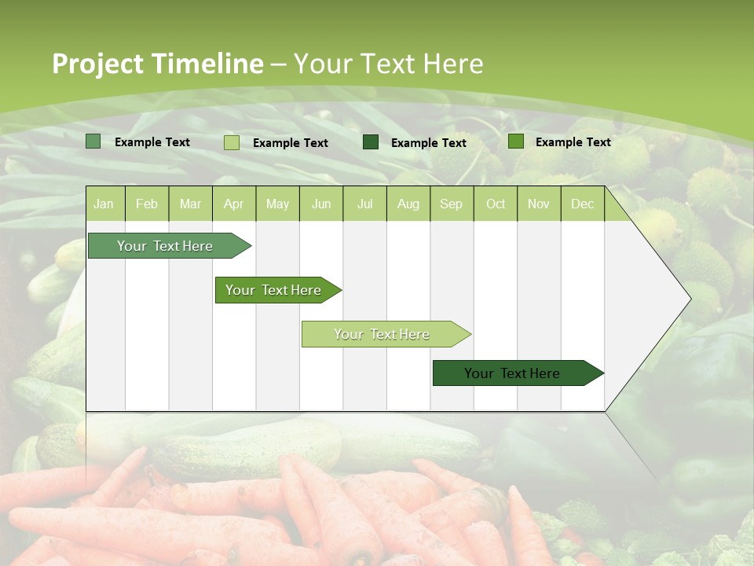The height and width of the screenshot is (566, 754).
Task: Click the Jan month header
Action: tap(104, 204)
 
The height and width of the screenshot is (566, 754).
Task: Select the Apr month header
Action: tap(233, 204)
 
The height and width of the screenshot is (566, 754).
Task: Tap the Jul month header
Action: tap(364, 204)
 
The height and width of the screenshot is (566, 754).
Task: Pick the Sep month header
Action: tap(451, 204)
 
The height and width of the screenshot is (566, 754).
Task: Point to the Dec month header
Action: tap(582, 204)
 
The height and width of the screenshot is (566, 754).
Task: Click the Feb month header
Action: tap(147, 204)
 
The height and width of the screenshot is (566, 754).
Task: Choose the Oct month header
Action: tap(496, 204)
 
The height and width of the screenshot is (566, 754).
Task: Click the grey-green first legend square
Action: tap(93, 141)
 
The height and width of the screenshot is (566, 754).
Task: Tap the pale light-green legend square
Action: tap(232, 142)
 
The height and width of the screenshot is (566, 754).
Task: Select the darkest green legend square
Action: tap(371, 142)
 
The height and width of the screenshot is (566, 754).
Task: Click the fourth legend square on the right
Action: tap(516, 141)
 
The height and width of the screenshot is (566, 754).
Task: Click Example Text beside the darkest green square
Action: tap(428, 143)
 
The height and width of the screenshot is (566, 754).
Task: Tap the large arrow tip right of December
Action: tap(652, 299)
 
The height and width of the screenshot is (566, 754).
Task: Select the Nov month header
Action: tap(539, 204)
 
